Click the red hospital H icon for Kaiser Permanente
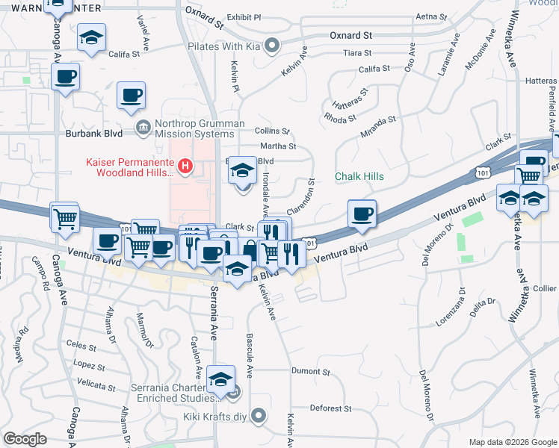(x=184, y=165)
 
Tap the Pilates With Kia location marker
(x=272, y=46)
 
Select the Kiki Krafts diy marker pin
(x=259, y=414)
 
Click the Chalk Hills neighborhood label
(x=359, y=176)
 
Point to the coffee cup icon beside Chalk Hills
(x=362, y=214)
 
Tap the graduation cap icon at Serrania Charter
(x=220, y=381)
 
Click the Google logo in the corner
(x=24, y=439)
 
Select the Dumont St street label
(x=310, y=370)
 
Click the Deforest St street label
(x=330, y=408)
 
